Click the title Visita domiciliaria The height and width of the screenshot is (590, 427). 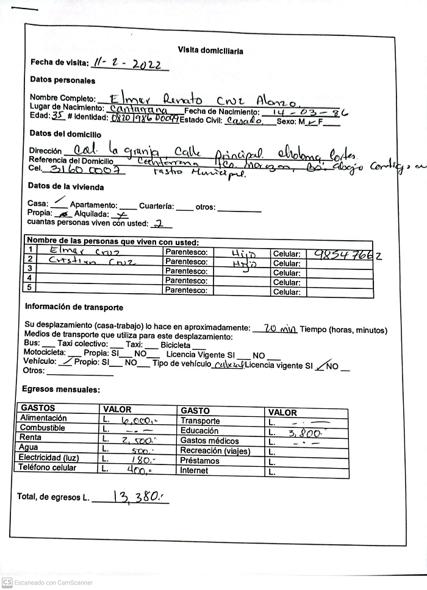click(x=210, y=51)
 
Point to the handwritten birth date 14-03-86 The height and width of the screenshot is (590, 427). click(x=307, y=113)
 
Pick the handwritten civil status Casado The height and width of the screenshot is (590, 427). click(x=243, y=121)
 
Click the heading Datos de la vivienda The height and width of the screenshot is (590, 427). click(x=66, y=187)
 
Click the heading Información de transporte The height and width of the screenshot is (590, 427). click(x=74, y=308)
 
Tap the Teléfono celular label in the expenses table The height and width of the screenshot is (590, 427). click(x=48, y=468)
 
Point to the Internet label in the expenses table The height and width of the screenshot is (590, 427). click(x=194, y=471)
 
